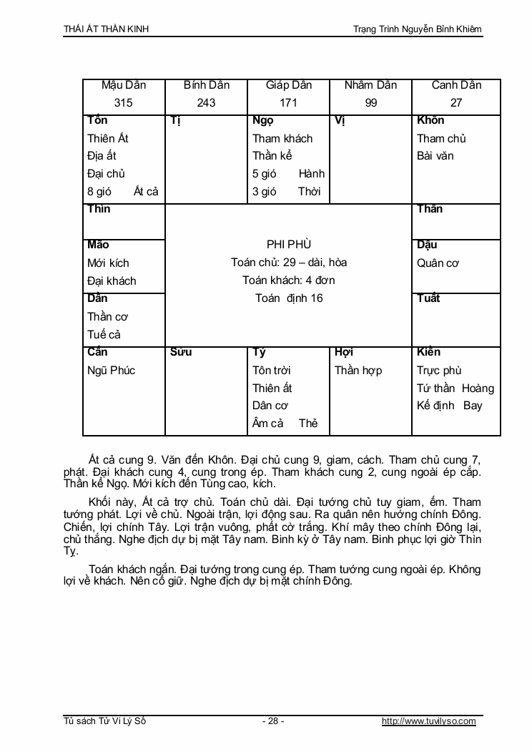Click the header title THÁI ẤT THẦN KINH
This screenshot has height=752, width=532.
(x=107, y=29)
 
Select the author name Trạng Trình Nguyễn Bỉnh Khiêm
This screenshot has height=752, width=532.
(x=418, y=29)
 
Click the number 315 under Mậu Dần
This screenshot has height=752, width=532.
(x=124, y=103)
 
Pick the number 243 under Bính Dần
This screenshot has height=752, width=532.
(x=206, y=103)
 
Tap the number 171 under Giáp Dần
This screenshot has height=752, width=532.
(x=288, y=103)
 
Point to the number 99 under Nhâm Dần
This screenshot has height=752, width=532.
(x=370, y=103)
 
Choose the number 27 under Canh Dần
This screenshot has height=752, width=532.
(x=456, y=103)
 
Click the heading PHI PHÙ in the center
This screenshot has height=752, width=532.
(x=288, y=245)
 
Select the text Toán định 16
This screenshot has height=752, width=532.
(x=288, y=298)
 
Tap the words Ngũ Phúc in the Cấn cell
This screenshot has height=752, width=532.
(x=111, y=371)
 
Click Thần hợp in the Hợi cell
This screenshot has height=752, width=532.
(x=358, y=371)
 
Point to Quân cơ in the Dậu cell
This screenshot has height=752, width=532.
(x=438, y=263)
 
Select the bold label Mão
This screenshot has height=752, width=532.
(x=98, y=245)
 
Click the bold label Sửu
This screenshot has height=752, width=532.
(x=181, y=352)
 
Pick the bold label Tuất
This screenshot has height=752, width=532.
(x=428, y=298)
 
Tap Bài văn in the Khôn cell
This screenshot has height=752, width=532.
(x=435, y=156)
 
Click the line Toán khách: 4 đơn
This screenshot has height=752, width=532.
(x=288, y=280)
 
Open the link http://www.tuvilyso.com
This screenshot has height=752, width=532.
(x=428, y=721)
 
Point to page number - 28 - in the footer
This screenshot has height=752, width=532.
(x=274, y=721)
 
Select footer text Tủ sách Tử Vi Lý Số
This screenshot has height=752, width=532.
(x=104, y=721)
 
